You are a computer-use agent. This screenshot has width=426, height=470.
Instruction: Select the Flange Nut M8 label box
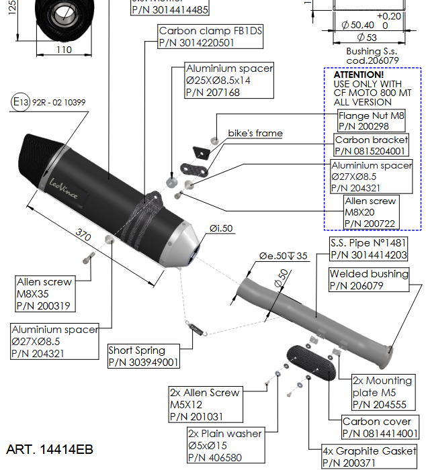tap(372, 121)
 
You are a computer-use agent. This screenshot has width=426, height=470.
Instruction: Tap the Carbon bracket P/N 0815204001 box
tap(371, 146)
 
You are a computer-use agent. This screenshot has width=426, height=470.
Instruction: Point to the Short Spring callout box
tap(144, 356)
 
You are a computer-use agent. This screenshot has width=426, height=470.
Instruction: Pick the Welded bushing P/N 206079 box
tap(369, 279)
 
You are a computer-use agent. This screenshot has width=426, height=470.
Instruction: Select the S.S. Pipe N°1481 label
tap(368, 248)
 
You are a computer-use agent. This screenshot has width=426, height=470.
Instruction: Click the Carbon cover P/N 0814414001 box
tap(380, 428)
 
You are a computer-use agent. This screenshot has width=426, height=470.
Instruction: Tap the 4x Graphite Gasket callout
tap(370, 457)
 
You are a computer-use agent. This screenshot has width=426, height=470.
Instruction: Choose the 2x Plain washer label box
tap(224, 446)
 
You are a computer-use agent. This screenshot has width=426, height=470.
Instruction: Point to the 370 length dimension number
tap(83, 235)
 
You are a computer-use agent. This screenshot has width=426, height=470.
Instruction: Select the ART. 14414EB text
tap(50, 449)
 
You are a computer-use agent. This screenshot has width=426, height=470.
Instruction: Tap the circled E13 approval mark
tap(21, 102)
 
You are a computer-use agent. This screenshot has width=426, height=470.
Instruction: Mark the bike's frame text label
tap(255, 134)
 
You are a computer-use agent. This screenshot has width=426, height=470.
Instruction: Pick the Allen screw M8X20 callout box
tap(370, 212)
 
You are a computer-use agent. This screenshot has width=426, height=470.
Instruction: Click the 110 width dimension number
tap(63, 50)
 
